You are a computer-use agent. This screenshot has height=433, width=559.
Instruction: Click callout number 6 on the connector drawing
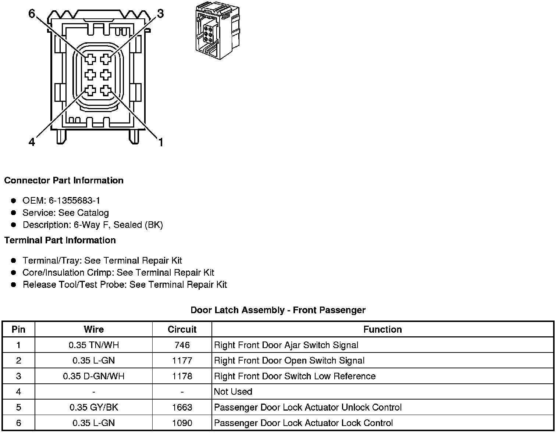tap(32, 14)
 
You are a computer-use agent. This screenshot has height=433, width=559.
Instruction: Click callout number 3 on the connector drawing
tap(160, 14)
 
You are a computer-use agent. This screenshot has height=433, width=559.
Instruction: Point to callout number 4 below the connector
tap(32, 142)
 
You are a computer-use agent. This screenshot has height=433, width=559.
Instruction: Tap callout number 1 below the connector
tap(161, 142)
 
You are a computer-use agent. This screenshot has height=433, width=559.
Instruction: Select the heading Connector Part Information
tap(64, 180)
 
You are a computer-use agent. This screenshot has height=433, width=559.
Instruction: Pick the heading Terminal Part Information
tap(60, 240)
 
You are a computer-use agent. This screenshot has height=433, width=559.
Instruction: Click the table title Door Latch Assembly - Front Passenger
tap(278, 310)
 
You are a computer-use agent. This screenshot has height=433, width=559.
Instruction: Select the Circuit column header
tap(182, 329)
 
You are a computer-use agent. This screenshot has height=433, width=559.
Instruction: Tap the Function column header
tap(382, 329)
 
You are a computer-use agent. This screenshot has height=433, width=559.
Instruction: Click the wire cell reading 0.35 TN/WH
tap(94, 345)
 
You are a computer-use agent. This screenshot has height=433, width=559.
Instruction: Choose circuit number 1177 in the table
tap(182, 361)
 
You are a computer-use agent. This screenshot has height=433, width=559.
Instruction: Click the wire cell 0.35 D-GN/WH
tap(94, 376)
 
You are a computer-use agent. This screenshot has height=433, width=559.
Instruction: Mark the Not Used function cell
tap(233, 392)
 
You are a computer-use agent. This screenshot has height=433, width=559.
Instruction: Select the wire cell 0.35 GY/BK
tap(94, 407)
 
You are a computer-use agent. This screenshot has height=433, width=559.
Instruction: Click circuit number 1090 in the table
tap(182, 423)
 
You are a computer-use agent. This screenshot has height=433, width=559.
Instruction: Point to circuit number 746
tap(182, 345)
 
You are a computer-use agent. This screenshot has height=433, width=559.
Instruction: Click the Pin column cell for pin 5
tap(18, 407)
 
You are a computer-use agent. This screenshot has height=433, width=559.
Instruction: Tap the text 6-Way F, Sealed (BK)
tap(118, 225)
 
